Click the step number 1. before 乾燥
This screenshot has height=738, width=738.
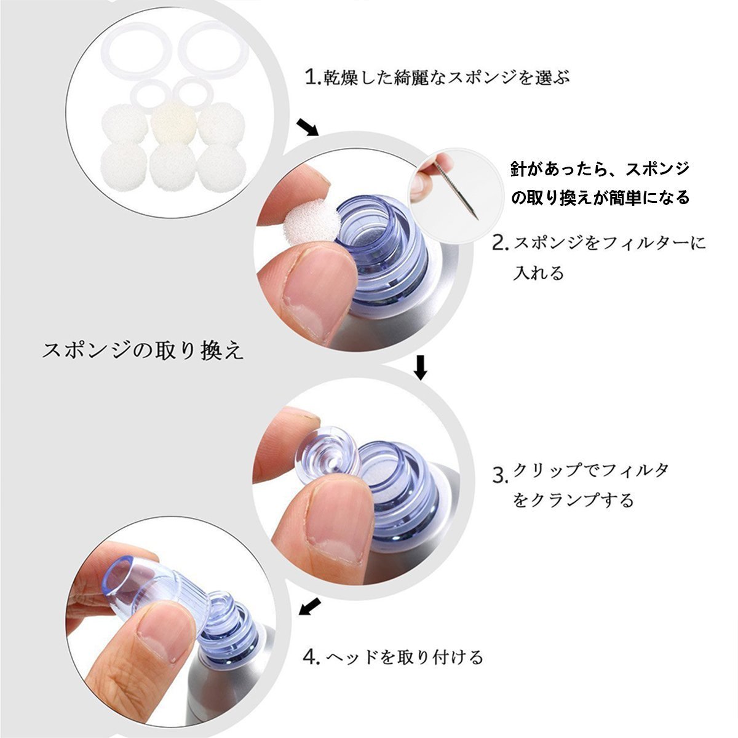point(313,77)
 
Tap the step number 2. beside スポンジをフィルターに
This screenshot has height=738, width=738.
point(500,244)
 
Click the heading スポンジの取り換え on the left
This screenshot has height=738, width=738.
point(142,350)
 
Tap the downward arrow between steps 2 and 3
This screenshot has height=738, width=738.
point(421,368)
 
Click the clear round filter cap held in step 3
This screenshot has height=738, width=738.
point(327,453)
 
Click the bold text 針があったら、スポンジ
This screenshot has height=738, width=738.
point(600,169)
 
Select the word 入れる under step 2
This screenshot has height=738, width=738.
point(538,273)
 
